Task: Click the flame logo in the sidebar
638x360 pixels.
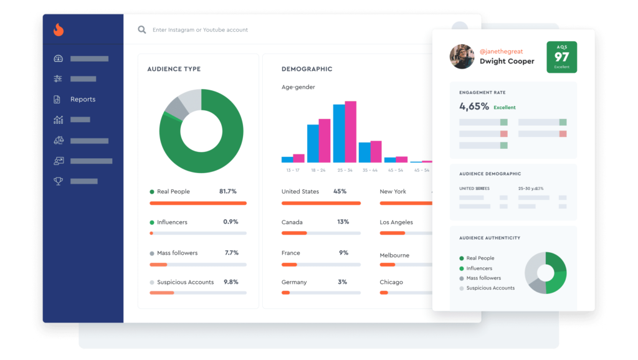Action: point(58,30)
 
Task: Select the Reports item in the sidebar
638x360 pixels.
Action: point(82,100)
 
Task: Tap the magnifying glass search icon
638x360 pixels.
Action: point(142,30)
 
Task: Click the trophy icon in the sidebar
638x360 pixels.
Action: point(59,181)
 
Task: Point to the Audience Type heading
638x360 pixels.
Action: point(174,69)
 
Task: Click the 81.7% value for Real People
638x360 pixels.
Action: point(228,192)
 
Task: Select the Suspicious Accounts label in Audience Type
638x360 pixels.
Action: point(185,282)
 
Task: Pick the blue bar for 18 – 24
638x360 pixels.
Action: point(313,143)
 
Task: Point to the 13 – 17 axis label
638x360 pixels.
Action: point(293,170)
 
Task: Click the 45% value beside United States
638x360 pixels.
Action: point(340,192)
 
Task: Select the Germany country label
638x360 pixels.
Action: point(294,282)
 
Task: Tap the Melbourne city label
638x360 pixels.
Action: point(394,255)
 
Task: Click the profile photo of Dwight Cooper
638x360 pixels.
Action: point(462,57)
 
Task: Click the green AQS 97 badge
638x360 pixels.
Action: point(561,57)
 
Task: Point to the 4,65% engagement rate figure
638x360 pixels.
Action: point(474,107)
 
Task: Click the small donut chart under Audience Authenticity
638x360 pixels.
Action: point(545,273)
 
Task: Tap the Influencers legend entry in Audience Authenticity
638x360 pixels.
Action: point(479,268)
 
